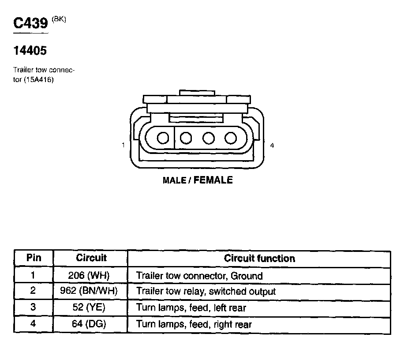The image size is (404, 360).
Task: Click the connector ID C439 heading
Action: (x=30, y=23)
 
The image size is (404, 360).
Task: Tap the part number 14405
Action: (x=30, y=51)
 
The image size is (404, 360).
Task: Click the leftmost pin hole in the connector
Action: (x=163, y=138)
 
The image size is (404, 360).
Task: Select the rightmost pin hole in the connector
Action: (x=231, y=138)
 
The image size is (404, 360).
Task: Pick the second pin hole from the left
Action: (x=186, y=138)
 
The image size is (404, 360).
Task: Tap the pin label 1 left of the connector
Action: (x=123, y=145)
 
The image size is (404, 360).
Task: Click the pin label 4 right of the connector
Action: (x=272, y=145)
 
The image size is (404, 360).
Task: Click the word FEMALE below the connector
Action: (x=213, y=180)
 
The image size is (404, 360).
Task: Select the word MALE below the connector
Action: (x=174, y=180)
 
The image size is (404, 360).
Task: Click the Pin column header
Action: (x=34, y=258)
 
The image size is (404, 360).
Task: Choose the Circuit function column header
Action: (x=259, y=258)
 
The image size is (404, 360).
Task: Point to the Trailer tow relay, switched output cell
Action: (x=206, y=292)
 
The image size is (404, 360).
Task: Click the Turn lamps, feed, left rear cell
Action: (x=191, y=307)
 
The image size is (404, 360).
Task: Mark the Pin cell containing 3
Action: (x=33, y=307)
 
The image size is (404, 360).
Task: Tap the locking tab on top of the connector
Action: (x=197, y=93)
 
